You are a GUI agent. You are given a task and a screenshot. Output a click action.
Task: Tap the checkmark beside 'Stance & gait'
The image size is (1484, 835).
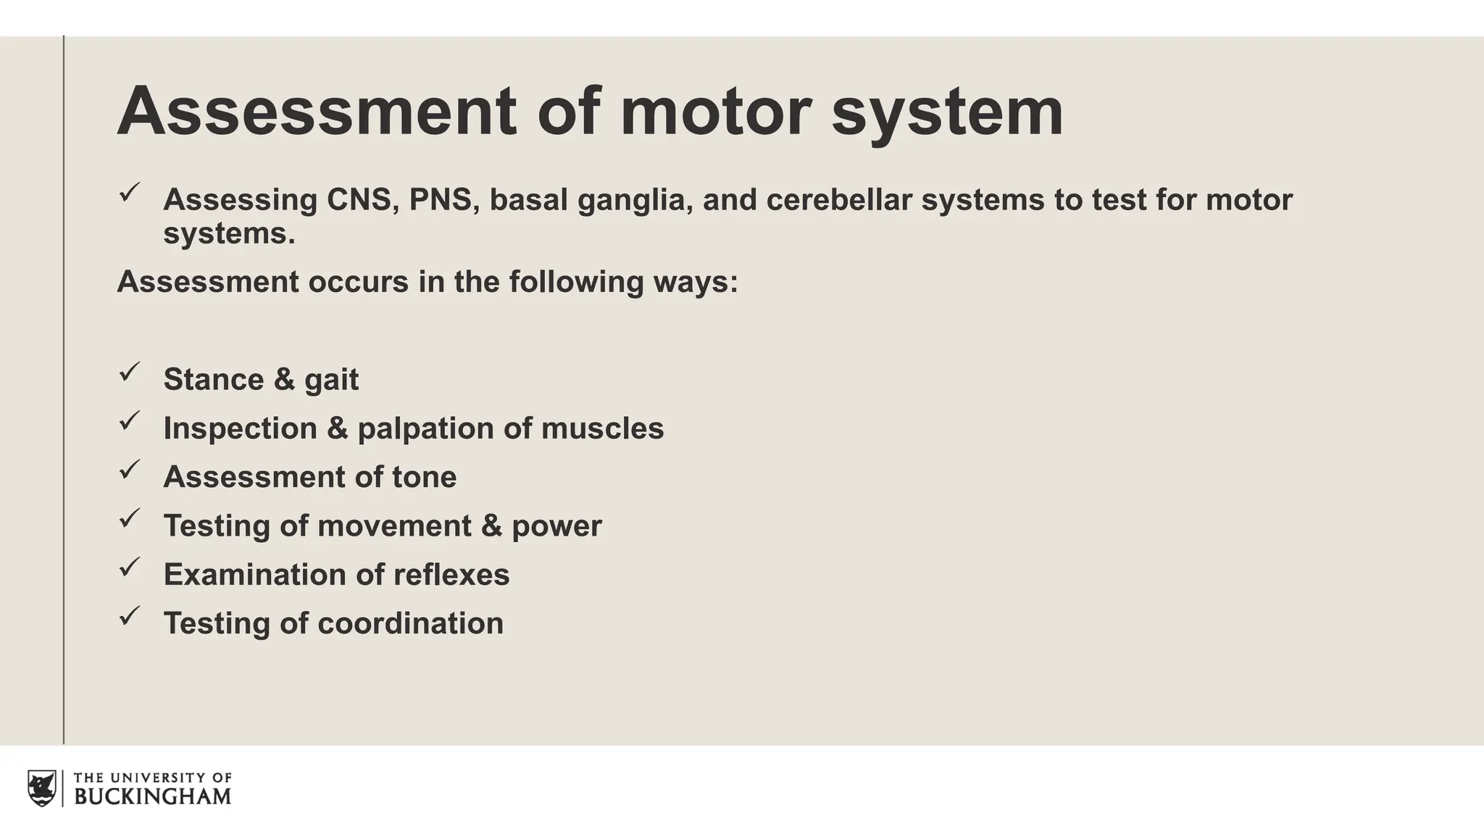pyautogui.click(x=129, y=373)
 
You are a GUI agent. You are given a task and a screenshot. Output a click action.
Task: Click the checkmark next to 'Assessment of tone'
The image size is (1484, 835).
pyautogui.click(x=129, y=470)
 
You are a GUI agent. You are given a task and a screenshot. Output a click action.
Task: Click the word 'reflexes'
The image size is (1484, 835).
pyautogui.click(x=451, y=575)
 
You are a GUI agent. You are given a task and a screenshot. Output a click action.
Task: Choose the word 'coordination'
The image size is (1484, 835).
pyautogui.click(x=410, y=623)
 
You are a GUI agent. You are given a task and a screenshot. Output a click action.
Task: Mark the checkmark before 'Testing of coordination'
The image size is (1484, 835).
pyautogui.click(x=129, y=616)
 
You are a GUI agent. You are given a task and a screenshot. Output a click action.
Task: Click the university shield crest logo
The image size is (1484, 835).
pyautogui.click(x=41, y=788)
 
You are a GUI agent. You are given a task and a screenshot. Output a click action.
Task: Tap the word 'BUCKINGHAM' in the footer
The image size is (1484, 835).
pyautogui.click(x=153, y=797)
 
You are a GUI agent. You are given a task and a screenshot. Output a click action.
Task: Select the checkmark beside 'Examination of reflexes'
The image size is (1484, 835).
pyautogui.click(x=129, y=568)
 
